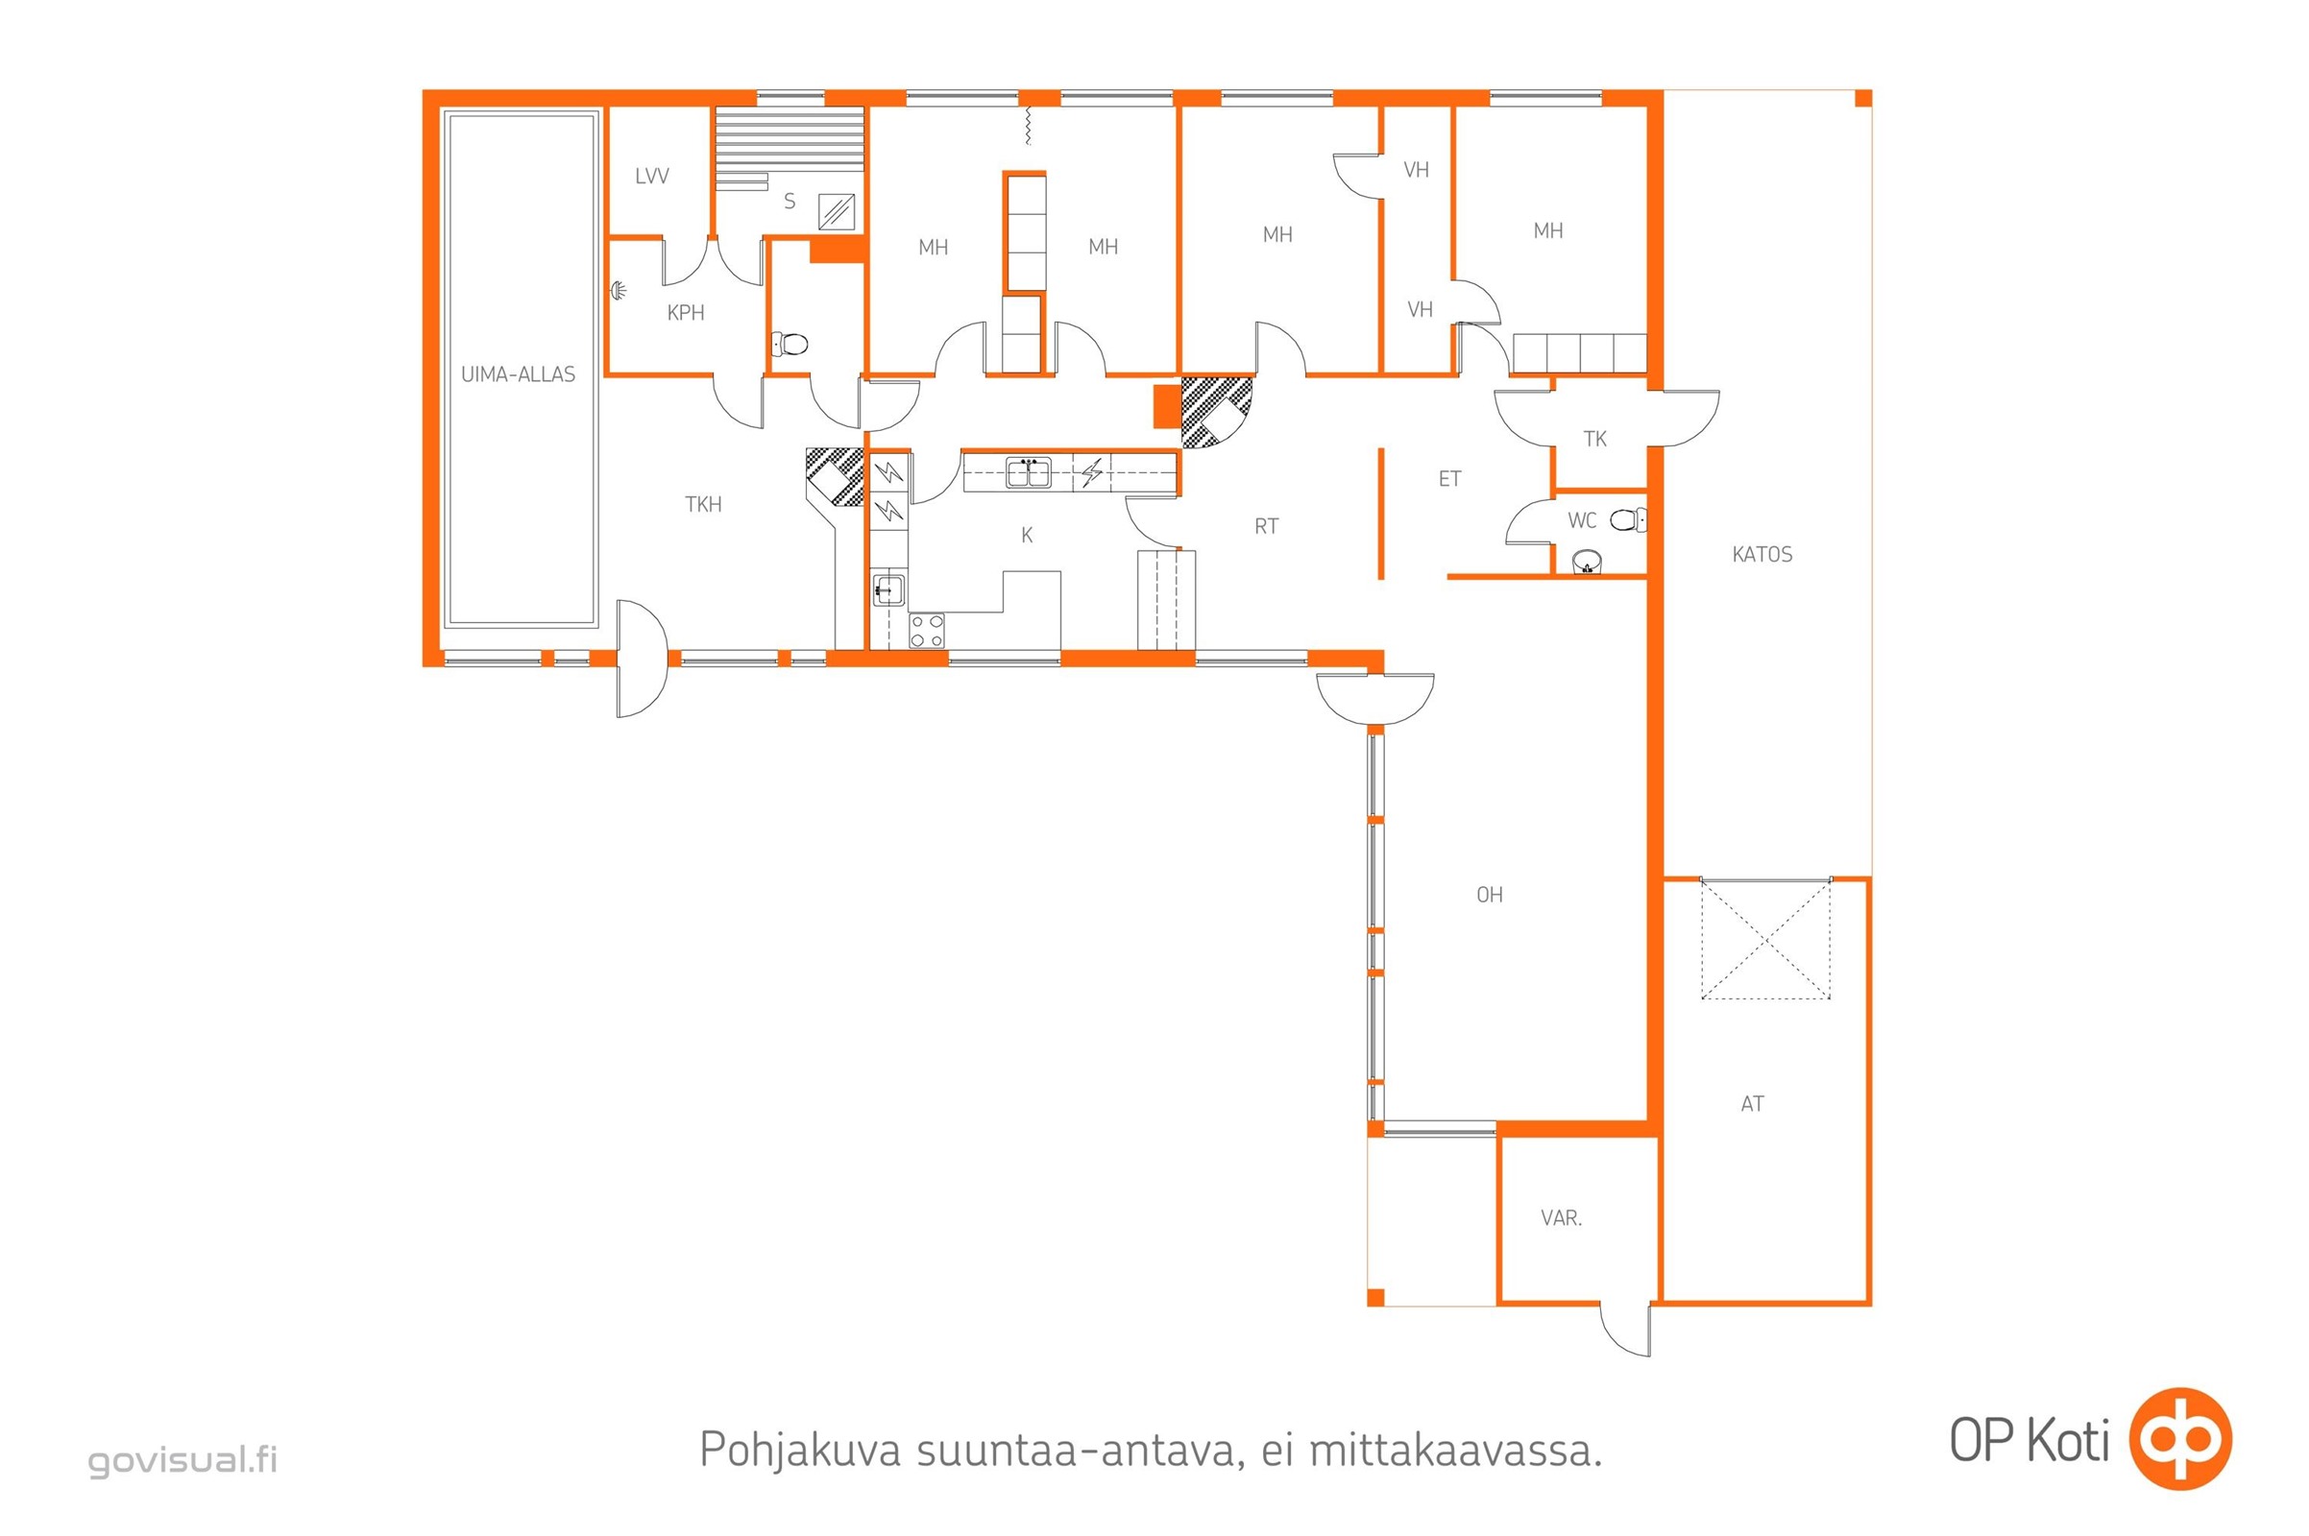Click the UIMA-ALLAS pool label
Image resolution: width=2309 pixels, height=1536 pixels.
click(518, 374)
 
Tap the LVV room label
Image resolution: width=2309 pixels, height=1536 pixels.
click(652, 177)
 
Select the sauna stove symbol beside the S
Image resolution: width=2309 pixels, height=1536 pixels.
click(836, 211)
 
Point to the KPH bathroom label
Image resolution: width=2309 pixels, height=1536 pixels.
click(685, 313)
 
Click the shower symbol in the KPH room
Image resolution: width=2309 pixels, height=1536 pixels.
click(620, 290)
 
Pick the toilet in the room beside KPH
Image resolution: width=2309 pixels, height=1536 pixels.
click(789, 344)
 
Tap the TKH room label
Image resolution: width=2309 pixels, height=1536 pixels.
click(703, 505)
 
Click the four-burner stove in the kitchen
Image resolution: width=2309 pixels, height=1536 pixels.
click(926, 631)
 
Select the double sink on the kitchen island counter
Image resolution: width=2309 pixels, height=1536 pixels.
click(1028, 473)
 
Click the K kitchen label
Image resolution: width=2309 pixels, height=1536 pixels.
click(1026, 535)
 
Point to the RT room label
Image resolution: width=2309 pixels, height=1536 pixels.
click(1266, 526)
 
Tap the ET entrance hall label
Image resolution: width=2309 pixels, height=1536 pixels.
click(1449, 479)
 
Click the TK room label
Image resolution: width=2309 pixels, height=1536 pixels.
click(1594, 439)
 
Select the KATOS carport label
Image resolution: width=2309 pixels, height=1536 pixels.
click(1762, 555)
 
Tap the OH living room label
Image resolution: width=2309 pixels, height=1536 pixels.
click(1489, 895)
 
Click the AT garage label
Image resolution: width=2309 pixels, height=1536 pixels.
click(1752, 1104)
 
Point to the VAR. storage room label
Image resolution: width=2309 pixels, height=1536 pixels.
click(1561, 1217)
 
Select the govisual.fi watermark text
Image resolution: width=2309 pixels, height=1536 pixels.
click(183, 1459)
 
